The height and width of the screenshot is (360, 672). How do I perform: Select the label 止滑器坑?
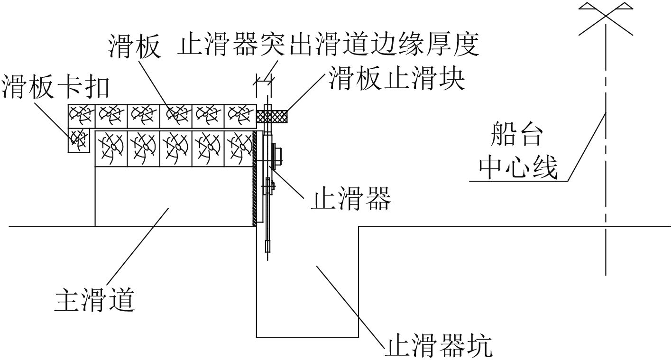tap(438, 347)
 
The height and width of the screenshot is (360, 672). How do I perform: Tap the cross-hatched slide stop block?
tap(272, 116)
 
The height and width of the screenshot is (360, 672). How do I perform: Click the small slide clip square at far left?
tap(79, 139)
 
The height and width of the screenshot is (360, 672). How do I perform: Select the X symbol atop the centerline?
tap(606, 18)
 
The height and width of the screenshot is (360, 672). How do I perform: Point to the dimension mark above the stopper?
tap(263, 83)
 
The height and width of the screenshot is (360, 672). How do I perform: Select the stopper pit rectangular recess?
tap(307, 285)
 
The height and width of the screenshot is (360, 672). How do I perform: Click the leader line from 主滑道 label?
tap(138, 247)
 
